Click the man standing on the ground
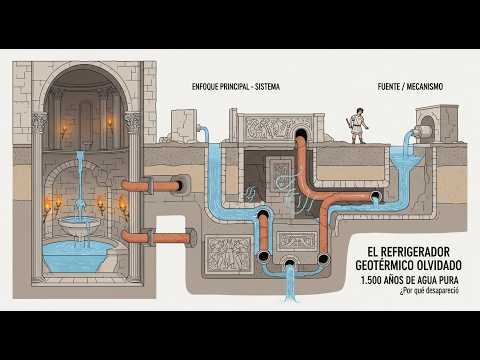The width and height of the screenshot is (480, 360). [357, 126]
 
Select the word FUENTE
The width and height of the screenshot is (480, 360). [389, 87]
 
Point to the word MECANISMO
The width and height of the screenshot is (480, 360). [425, 87]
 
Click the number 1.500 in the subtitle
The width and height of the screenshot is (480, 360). [371, 280]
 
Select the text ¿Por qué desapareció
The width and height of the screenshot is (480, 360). [429, 290]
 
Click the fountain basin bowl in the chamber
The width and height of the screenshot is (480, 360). [79, 223]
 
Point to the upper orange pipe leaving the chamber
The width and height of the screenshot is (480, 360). [152, 185]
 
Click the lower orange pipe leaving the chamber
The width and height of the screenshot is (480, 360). [157, 237]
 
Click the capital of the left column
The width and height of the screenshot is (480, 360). [40, 122]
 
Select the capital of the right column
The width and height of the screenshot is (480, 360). [132, 122]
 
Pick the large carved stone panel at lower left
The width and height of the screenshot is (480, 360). [228, 254]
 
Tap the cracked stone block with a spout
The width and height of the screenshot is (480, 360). [184, 127]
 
